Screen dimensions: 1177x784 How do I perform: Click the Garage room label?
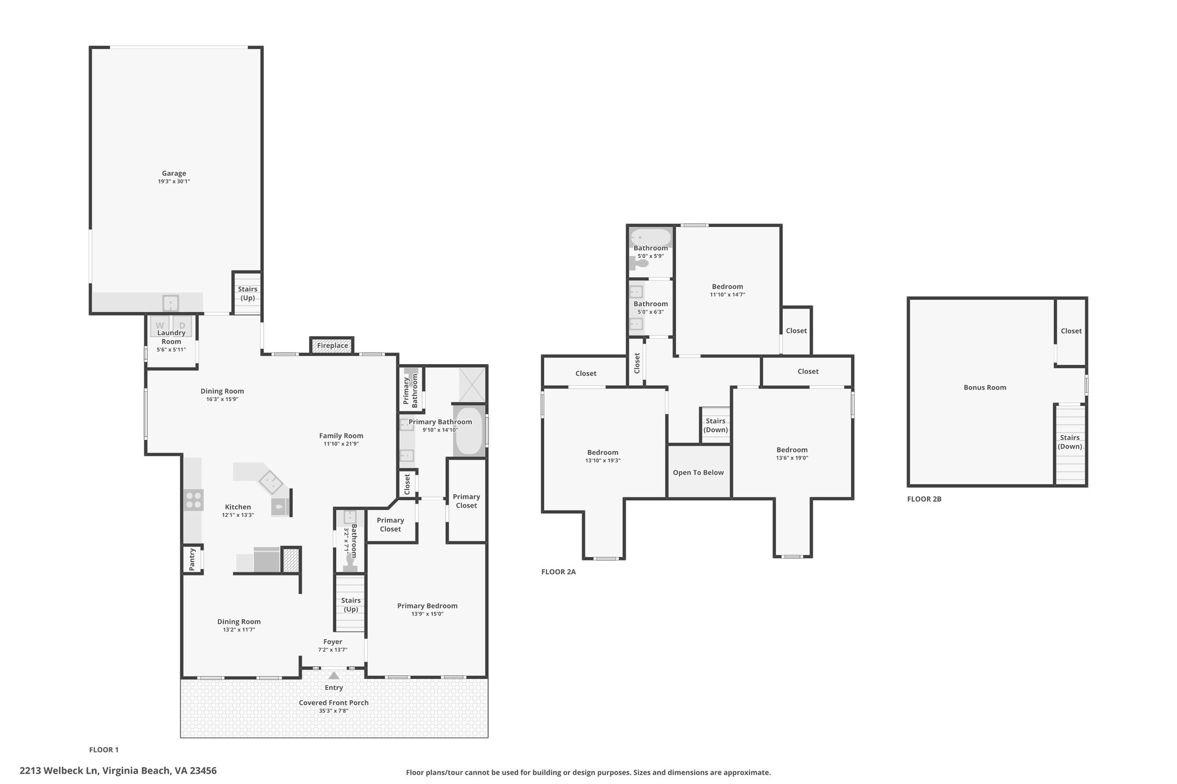pos(174,173)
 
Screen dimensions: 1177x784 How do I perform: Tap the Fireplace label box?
pos(332,346)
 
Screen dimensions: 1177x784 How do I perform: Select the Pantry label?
pos(193,559)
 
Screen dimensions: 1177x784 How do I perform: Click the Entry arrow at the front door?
pos(334,675)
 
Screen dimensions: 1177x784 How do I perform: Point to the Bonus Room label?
pos(985,388)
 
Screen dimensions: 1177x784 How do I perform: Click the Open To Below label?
pos(698,473)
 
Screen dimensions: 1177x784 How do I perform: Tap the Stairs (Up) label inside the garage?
pos(248,293)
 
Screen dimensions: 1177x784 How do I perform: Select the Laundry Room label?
pos(171,337)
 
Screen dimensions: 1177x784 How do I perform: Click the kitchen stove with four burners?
pos(193,500)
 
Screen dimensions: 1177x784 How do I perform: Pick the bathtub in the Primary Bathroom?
pos(470,431)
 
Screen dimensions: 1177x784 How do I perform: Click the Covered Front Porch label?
pos(334,703)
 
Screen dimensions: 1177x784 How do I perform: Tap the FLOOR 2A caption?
pos(559,572)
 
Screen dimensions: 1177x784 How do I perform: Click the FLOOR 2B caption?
pos(924,499)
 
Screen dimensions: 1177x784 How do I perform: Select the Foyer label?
pos(333,642)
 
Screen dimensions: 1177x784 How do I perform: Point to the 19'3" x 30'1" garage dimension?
pos(174,181)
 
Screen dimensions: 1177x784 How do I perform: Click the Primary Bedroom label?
pos(428,606)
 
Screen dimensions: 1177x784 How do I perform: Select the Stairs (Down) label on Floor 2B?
pos(1070,442)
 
